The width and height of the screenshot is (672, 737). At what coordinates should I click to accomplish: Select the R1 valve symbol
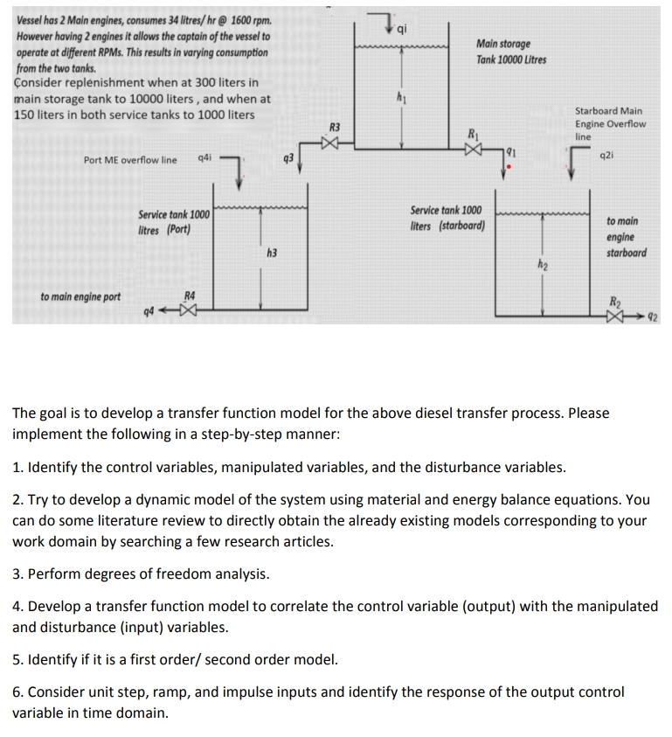coord(473,150)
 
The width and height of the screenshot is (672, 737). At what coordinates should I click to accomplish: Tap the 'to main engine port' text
coord(80,297)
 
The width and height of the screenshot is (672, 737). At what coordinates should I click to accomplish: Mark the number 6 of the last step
coord(17,692)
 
